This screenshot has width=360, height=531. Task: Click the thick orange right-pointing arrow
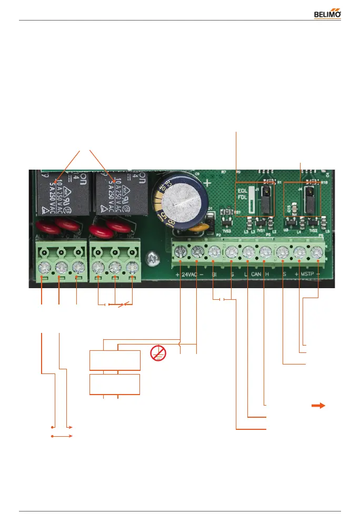point(318,406)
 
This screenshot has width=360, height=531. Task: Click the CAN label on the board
point(256,274)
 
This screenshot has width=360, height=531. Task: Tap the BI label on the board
point(214,274)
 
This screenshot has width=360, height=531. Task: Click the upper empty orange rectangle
point(115,360)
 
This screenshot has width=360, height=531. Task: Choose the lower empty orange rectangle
point(115,384)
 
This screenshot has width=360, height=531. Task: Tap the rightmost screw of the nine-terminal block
point(316,253)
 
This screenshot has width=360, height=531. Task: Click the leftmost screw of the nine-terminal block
point(181,252)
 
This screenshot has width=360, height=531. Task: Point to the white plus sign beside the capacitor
point(209,184)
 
